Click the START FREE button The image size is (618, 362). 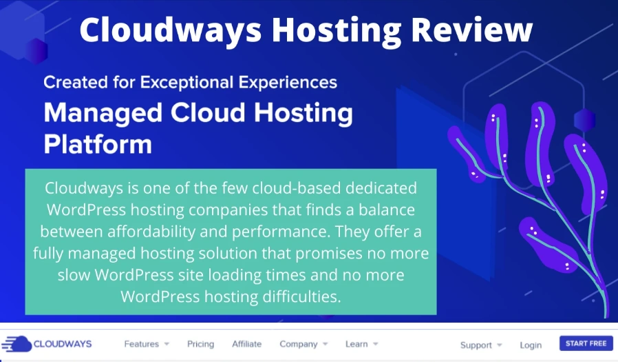coord(586,343)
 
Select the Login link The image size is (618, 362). coord(531,345)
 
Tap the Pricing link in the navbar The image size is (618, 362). coord(200,344)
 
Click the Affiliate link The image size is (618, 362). coord(247,344)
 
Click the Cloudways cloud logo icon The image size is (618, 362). coord(17,344)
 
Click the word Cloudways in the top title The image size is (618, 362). coord(171,30)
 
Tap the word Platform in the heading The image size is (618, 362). coord(98,144)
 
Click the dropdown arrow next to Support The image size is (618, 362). coord(500,345)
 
